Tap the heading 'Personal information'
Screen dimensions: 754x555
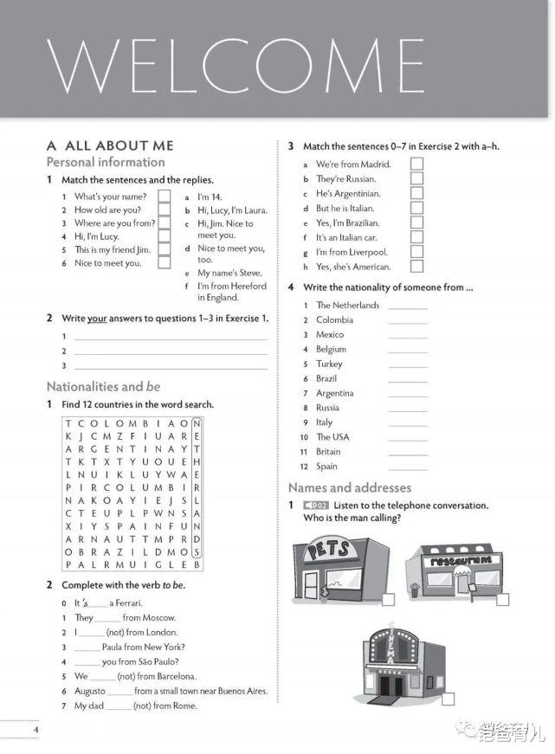[x=105, y=162]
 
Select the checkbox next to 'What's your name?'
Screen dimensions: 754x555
[x=164, y=197]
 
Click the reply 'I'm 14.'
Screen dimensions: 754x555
[x=210, y=197]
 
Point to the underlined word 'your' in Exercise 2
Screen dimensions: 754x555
[x=96, y=318]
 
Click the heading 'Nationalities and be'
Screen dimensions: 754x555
[x=103, y=387]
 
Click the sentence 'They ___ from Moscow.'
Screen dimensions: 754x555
[x=125, y=618]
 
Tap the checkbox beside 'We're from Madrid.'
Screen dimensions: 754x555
[x=416, y=164]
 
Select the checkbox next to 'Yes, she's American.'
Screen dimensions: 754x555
[x=416, y=267]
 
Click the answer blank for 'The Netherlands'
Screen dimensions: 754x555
[x=408, y=306]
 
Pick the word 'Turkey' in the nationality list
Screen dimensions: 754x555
[x=330, y=364]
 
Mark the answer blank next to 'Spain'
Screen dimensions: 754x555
[x=408, y=467]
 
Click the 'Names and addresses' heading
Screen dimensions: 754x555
[x=349, y=487]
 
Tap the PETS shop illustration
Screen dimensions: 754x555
[x=339, y=567]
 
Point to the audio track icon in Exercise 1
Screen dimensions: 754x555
[x=316, y=506]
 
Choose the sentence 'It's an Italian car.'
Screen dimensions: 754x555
[x=346, y=237]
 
